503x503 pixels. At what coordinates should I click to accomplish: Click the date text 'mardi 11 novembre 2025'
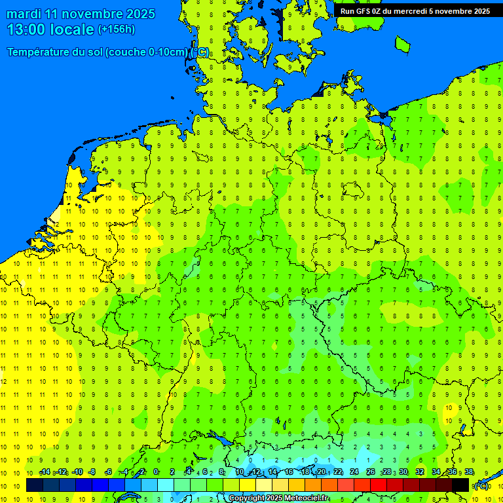pyautogui.click(x=81, y=14)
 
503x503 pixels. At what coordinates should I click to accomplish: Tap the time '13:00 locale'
pyautogui.click(x=50, y=29)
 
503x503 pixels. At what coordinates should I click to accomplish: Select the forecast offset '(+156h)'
pyautogui.click(x=116, y=29)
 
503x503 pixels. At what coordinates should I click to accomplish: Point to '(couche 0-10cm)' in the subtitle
pyautogui.click(x=147, y=52)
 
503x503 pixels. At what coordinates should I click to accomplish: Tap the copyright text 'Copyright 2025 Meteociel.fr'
pyautogui.click(x=278, y=498)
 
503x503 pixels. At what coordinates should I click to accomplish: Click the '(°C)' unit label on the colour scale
pyautogui.click(x=481, y=486)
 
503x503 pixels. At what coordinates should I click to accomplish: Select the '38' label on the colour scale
pyautogui.click(x=469, y=472)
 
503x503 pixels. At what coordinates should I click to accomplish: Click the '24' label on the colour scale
pyautogui.click(x=354, y=472)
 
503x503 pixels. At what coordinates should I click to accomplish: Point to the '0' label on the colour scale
pyautogui.click(x=156, y=472)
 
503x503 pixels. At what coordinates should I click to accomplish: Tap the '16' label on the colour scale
pyautogui.click(x=288, y=472)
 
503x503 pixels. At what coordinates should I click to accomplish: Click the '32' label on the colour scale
pyautogui.click(x=420, y=472)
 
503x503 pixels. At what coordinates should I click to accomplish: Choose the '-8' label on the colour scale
pyautogui.click(x=92, y=472)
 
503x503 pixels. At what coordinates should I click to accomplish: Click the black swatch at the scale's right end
pyautogui.click(x=460, y=485)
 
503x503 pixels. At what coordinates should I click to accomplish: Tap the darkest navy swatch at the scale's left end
pyautogui.click(x=35, y=485)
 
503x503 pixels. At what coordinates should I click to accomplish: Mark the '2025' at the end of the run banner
pyautogui.click(x=480, y=11)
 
